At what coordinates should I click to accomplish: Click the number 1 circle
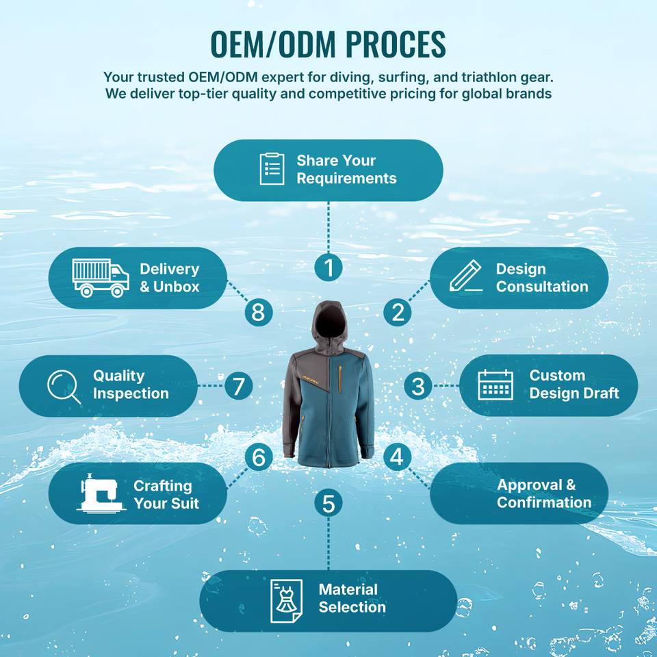[328, 267]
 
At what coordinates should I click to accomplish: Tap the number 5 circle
[328, 504]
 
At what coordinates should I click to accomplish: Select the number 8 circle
[258, 312]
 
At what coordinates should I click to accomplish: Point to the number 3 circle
[417, 387]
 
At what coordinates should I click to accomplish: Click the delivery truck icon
[100, 278]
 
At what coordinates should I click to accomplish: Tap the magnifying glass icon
[64, 387]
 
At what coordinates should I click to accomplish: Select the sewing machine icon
[101, 493]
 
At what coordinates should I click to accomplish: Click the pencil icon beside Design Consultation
[466, 277]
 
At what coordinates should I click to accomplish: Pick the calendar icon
[495, 385]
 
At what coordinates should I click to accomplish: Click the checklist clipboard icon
[272, 169]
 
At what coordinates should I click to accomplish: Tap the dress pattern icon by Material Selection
[286, 601]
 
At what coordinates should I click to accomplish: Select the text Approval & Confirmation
[543, 493]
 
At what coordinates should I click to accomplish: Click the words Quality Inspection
[130, 385]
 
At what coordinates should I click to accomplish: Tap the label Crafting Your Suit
[166, 494]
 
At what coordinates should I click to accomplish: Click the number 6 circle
[258, 456]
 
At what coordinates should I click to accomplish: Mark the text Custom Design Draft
[574, 384]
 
